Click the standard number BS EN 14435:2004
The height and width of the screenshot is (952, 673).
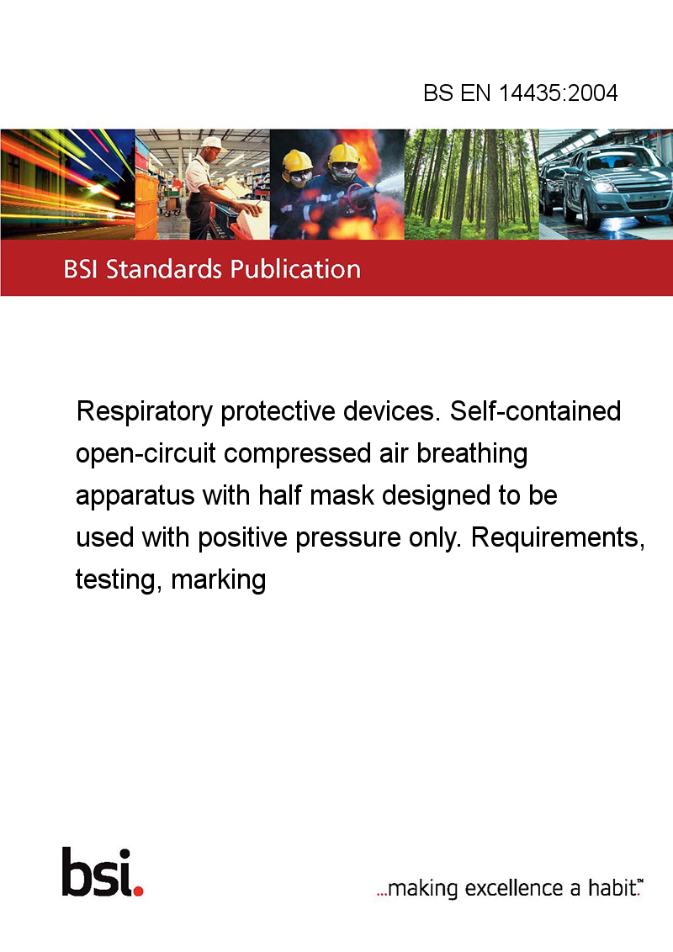point(521,93)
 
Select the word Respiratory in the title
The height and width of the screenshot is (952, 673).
point(145,412)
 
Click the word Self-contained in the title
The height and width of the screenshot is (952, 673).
point(535,411)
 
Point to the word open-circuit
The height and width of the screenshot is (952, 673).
point(146,455)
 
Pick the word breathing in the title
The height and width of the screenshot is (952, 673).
point(472,455)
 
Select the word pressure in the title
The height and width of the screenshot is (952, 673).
point(348,539)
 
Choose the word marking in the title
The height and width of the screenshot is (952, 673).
point(219,580)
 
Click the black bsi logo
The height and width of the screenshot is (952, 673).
point(97,872)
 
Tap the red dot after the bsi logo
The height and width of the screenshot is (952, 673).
point(138,891)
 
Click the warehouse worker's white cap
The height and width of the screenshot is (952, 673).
point(212,143)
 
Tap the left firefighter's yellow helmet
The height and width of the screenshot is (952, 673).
point(297,161)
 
